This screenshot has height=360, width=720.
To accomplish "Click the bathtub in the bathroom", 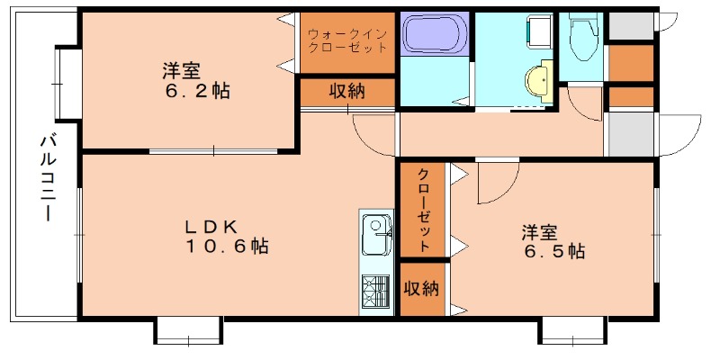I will click(433, 35).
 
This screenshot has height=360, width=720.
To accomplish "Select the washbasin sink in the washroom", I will click(540, 79).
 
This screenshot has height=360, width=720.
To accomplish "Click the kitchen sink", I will click(373, 237).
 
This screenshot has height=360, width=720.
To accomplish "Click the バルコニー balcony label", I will click(45, 177).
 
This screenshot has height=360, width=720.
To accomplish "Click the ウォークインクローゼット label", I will click(347, 40).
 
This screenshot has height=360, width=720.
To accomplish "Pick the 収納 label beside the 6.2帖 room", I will click(346, 92).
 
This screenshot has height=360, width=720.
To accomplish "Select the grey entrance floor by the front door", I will click(630, 133).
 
